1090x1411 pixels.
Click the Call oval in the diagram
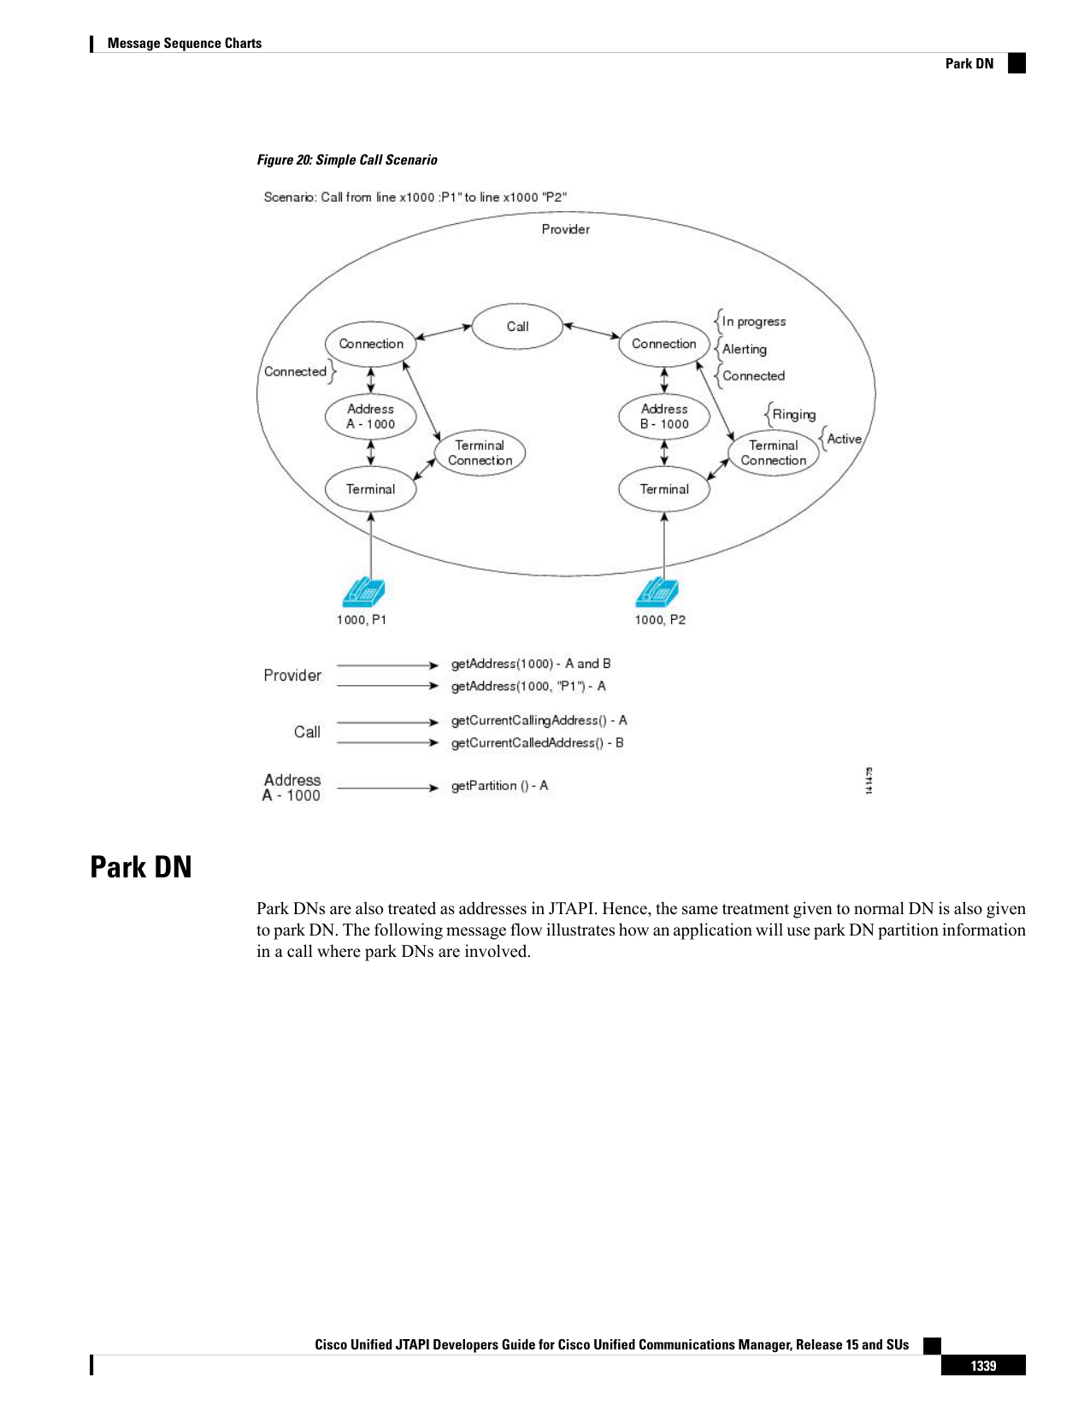click(516, 326)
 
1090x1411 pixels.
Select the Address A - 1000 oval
click(370, 416)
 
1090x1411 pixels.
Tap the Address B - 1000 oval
click(663, 416)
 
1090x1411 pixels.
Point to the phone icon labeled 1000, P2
click(657, 592)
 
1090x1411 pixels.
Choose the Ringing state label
click(793, 414)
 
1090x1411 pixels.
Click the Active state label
click(844, 439)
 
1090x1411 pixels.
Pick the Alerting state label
click(744, 350)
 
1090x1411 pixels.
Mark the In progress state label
click(754, 322)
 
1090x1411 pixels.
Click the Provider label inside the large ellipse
click(565, 229)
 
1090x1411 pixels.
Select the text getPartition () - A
click(499, 786)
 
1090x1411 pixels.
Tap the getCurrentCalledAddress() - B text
click(538, 743)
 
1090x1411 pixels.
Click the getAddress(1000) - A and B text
click(531, 664)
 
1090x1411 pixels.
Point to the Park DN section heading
click(141, 867)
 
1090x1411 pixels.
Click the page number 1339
click(983, 1367)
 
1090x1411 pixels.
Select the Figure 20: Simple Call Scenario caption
click(347, 160)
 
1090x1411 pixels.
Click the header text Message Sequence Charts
click(185, 44)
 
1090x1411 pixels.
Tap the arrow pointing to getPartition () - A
click(388, 788)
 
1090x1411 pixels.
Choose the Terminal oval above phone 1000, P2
click(663, 489)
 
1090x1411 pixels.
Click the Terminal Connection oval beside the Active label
click(773, 452)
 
